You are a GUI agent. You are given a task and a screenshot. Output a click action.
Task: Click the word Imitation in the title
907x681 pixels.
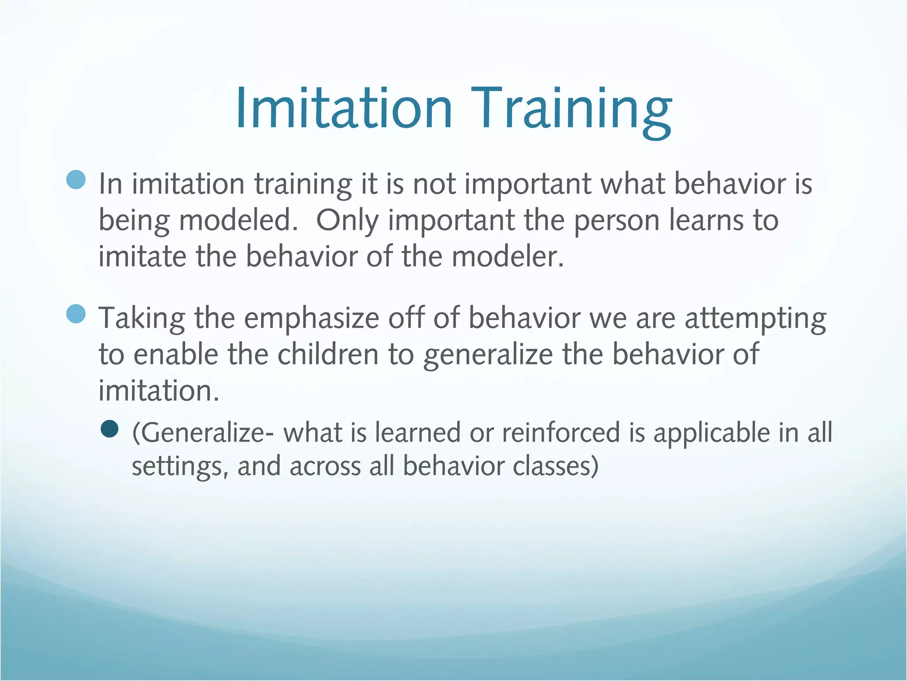pyautogui.click(x=344, y=109)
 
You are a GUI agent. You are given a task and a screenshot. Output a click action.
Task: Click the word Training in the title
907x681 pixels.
pyautogui.click(x=571, y=109)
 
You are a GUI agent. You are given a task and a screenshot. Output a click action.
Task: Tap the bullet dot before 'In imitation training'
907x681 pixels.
pyautogui.click(x=76, y=180)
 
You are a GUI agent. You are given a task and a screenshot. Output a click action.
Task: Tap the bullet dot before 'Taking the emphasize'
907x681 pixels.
pyautogui.click(x=76, y=314)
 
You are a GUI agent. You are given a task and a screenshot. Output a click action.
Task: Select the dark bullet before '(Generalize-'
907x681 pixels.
pyautogui.click(x=109, y=429)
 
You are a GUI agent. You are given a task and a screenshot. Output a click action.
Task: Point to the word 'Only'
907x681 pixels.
pyautogui.click(x=347, y=221)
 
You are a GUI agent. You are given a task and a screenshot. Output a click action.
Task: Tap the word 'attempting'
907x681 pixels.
pyautogui.click(x=755, y=318)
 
